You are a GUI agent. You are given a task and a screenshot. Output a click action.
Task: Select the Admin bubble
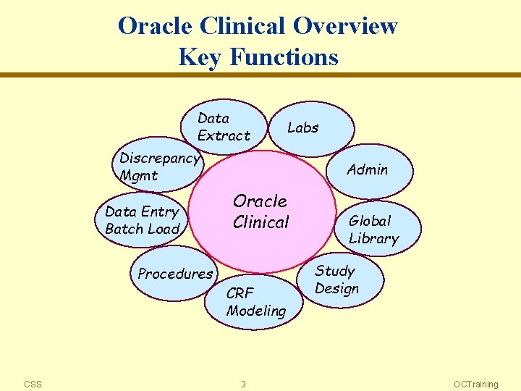tap(369, 171)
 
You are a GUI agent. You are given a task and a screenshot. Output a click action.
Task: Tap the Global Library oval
tap(378, 229)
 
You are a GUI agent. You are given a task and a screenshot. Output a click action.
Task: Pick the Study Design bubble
tap(341, 280)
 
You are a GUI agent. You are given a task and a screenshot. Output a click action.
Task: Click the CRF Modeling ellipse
tap(254, 302)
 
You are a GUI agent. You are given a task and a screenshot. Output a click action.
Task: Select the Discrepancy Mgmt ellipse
tap(160, 167)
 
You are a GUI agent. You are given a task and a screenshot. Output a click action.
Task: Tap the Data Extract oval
tap(224, 127)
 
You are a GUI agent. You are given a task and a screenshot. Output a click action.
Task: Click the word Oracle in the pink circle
tap(260, 201)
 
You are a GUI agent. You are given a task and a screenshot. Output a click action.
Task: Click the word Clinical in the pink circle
tap(261, 222)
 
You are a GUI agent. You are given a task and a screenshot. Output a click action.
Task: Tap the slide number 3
tap(243, 384)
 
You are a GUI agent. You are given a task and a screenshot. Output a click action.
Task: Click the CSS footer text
tap(33, 384)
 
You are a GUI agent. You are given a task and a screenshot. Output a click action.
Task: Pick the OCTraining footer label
tap(475, 384)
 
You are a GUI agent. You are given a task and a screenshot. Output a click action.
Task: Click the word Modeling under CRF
tap(256, 311)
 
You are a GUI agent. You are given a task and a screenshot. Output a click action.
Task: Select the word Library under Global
tap(374, 238)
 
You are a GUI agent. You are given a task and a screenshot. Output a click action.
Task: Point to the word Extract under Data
tap(224, 135)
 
